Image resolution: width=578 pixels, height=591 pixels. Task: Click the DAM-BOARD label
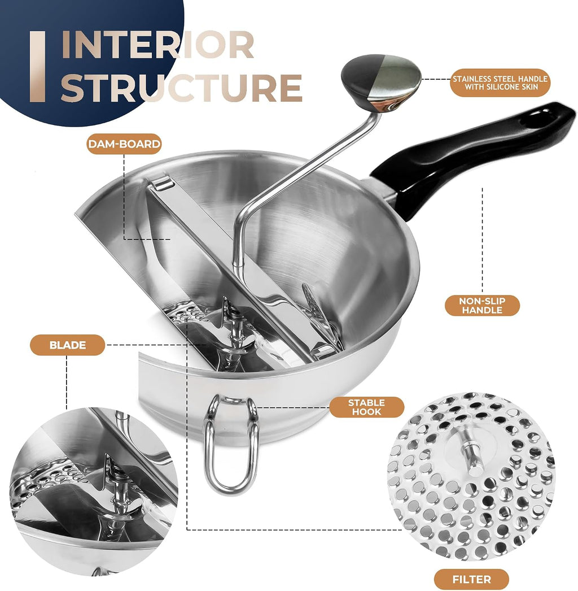[x=124, y=144]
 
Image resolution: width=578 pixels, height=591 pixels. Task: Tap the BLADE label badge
[x=67, y=345]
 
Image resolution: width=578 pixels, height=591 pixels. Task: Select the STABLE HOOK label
[x=366, y=407]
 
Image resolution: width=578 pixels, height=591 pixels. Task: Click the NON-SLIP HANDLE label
[x=482, y=306]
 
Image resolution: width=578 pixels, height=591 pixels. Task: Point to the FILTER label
[x=471, y=579]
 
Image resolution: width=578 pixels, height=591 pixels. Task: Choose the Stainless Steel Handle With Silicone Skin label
[x=500, y=82]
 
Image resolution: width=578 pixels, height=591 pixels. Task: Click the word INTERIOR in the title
[x=158, y=45]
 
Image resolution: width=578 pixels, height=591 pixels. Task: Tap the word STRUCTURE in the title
[x=182, y=88]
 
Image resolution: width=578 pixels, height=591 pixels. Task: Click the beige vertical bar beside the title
[x=37, y=66]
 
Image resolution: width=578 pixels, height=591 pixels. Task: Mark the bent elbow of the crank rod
[x=239, y=225]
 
